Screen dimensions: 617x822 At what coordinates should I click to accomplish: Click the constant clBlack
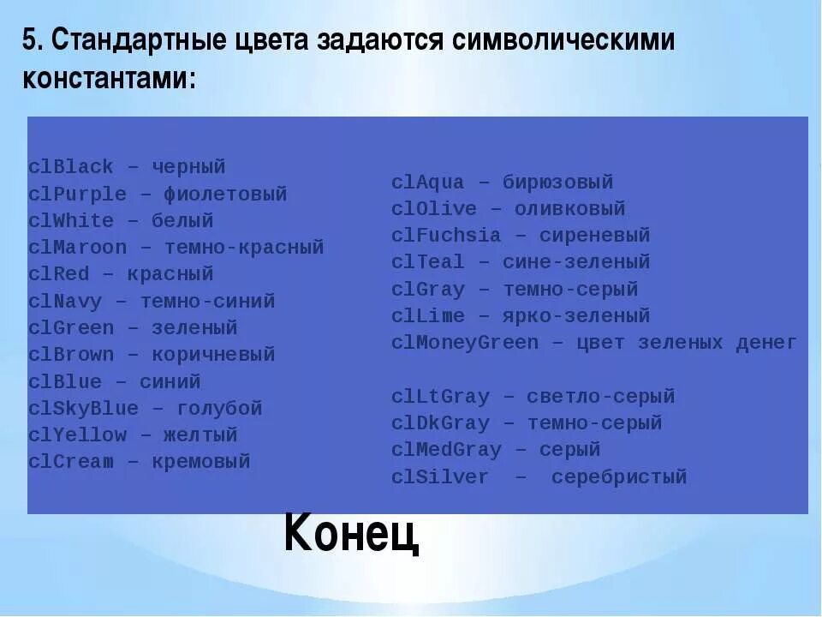(71, 167)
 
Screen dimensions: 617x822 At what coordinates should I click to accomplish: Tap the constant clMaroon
(77, 248)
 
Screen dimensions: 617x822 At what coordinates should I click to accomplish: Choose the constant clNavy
(65, 302)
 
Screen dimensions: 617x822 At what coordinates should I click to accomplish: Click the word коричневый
(213, 355)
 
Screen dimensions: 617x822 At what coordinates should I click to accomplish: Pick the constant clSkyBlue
(83, 409)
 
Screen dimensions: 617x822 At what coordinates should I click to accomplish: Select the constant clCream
(71, 462)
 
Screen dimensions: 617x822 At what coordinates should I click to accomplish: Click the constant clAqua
(428, 183)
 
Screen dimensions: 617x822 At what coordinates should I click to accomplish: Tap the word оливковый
(569, 209)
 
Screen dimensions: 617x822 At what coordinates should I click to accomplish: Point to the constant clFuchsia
(446, 236)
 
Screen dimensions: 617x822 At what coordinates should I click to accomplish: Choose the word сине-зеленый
(576, 262)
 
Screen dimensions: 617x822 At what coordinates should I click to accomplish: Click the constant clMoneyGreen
(465, 344)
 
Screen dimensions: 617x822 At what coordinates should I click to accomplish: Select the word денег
(766, 344)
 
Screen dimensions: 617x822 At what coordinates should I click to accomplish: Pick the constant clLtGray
(440, 397)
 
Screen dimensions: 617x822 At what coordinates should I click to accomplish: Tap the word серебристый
(619, 477)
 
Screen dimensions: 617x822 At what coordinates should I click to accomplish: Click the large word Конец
(351, 533)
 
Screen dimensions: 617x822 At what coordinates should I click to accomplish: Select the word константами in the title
(109, 80)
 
